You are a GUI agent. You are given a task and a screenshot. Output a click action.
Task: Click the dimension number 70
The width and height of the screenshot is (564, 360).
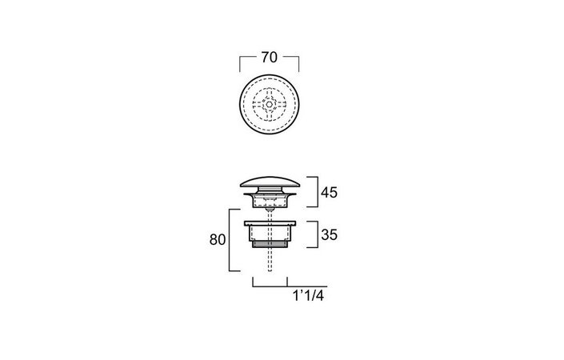(x=270, y=57)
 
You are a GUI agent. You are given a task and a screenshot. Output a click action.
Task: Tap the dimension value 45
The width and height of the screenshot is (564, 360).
(x=329, y=193)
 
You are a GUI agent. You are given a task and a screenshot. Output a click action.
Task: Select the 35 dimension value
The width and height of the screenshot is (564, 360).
(x=329, y=234)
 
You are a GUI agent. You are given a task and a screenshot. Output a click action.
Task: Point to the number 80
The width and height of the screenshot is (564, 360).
(x=218, y=239)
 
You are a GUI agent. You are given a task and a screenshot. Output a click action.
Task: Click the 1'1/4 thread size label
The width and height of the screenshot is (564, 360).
(x=309, y=296)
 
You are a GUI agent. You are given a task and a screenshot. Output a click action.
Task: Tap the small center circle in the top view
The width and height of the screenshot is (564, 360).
(x=270, y=104)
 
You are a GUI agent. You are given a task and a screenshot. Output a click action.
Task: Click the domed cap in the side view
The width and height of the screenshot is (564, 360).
(x=270, y=182)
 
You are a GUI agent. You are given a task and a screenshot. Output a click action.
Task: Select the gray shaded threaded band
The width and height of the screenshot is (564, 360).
(x=270, y=245)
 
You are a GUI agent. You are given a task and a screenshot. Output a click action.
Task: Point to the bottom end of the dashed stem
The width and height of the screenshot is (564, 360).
(x=270, y=270)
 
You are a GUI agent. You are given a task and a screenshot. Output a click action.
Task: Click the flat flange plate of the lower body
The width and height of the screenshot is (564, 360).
(x=270, y=223)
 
